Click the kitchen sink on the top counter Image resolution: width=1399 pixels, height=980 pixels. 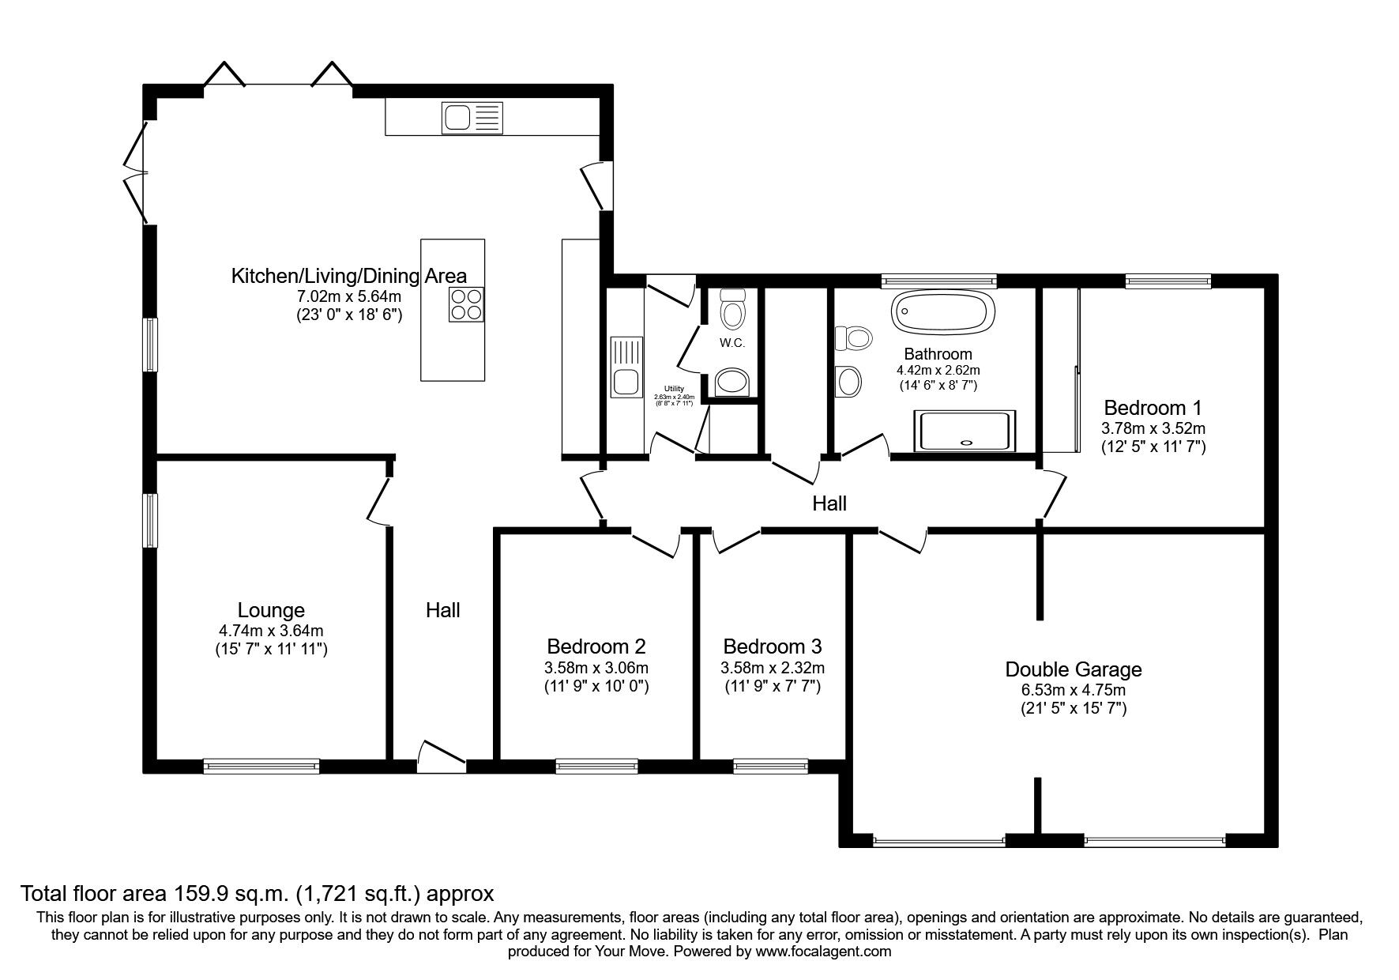click(472, 118)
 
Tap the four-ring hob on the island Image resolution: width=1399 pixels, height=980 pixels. click(466, 304)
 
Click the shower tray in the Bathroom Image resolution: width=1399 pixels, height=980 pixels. click(965, 431)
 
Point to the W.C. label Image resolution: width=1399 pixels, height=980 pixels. click(731, 343)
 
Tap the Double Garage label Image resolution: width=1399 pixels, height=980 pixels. click(1073, 669)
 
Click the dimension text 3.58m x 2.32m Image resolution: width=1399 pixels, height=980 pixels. click(772, 668)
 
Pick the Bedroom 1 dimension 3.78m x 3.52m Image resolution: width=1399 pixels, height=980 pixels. click(1153, 428)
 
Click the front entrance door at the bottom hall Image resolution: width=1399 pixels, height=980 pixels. click(441, 757)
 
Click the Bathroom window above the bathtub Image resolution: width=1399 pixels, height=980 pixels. click(938, 279)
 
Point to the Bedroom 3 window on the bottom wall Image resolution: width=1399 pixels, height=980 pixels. click(770, 764)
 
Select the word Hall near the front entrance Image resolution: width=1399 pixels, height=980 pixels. click(442, 610)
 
